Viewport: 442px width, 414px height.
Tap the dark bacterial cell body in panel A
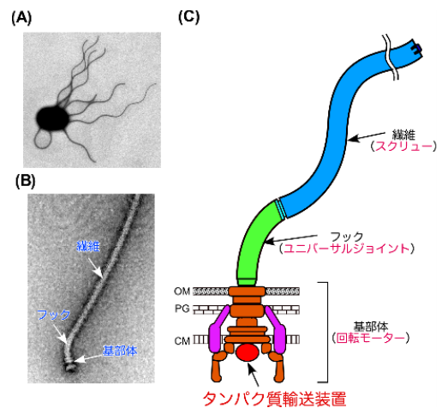pos(54,119)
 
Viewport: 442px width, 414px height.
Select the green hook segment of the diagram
pos(256,243)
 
